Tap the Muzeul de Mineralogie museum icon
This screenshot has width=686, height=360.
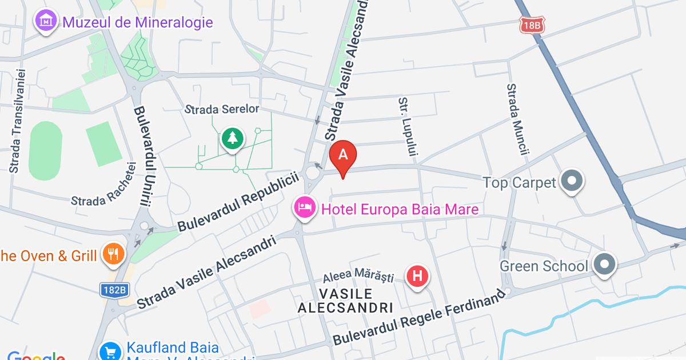pyautogui.click(x=45, y=22)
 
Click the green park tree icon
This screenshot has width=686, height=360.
pyautogui.click(x=232, y=139)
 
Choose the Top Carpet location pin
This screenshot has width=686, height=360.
pyautogui.click(x=571, y=182)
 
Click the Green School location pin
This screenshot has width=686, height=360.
pyautogui.click(x=604, y=265)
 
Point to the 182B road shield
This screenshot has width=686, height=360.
pyautogui.click(x=114, y=290)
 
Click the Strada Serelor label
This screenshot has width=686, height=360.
pyautogui.click(x=223, y=109)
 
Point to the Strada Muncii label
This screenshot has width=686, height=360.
pyautogui.click(x=517, y=119)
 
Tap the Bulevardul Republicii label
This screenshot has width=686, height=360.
pyautogui.click(x=239, y=203)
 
